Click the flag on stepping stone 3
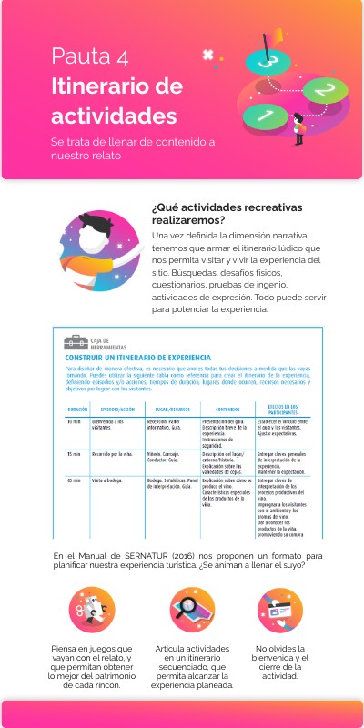(268, 39)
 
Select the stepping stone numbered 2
(318, 90)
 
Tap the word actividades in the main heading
(114, 116)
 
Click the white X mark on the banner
(208, 55)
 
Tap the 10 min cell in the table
(75, 423)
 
